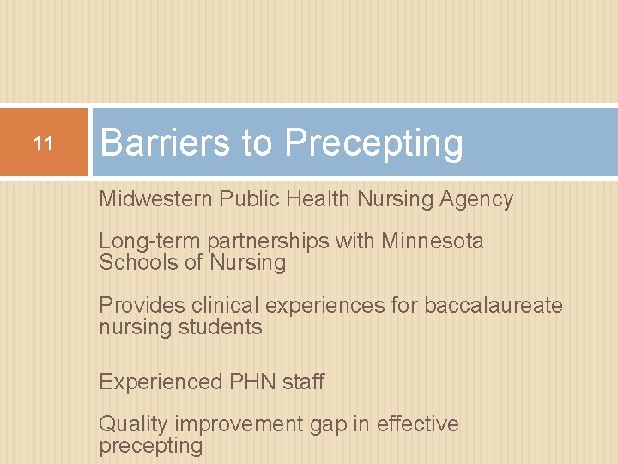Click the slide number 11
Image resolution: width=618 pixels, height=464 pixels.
click(43, 143)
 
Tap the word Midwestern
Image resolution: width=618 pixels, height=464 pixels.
click(155, 199)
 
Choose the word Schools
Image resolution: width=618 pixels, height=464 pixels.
click(136, 263)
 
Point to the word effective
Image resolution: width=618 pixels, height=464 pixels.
click(418, 424)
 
